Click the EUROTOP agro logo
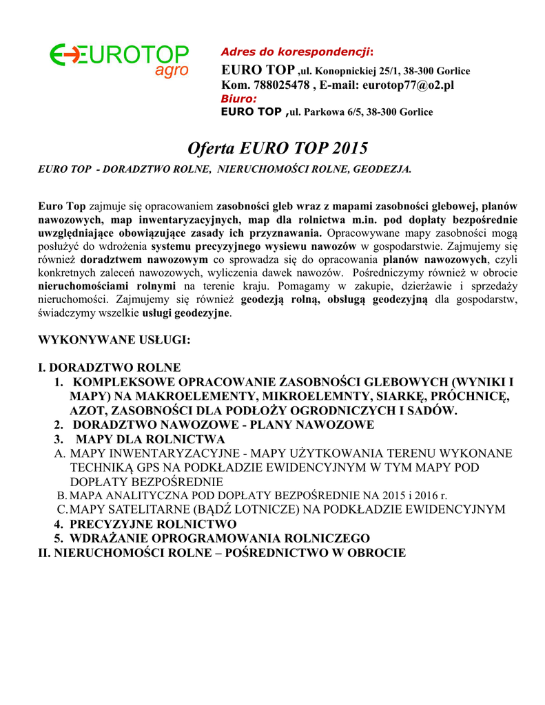(120, 59)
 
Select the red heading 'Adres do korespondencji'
(295, 52)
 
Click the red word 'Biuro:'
(238, 98)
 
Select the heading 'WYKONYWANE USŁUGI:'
(113, 340)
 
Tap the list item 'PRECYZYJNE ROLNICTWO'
(153, 524)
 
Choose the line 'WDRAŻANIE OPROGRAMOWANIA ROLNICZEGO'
(220, 538)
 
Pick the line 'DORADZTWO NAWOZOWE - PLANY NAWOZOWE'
(223, 425)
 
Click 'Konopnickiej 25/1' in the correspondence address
(360, 72)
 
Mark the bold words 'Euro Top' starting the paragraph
(62, 206)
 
